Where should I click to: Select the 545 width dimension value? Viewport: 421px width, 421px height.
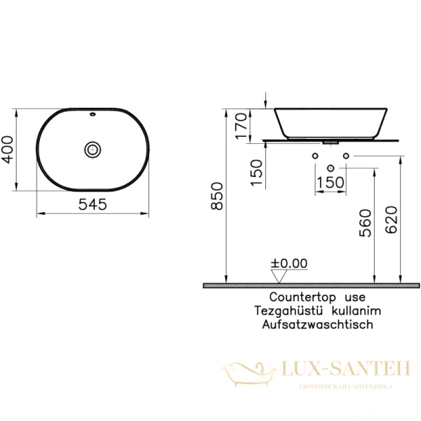93,205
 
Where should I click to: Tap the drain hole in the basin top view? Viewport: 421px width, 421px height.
93,149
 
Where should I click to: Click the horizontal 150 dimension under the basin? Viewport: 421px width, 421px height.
330,182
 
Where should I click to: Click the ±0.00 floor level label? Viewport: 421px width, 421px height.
289,264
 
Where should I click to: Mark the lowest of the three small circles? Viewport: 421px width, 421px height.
330,168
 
